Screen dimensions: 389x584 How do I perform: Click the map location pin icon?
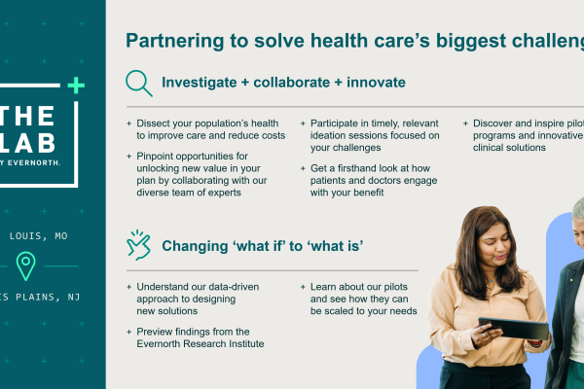point(26,265)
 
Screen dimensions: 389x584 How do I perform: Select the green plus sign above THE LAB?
point(77,86)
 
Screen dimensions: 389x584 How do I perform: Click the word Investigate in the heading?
point(200,83)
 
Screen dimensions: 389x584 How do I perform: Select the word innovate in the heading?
point(370,83)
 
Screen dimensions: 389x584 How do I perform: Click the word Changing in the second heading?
point(195,246)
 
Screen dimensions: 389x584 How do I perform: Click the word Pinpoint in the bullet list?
point(158,156)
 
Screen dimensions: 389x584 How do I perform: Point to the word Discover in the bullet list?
point(498,124)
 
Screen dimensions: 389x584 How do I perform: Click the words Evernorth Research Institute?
point(201,344)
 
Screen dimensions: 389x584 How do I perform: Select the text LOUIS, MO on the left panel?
point(39,236)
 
